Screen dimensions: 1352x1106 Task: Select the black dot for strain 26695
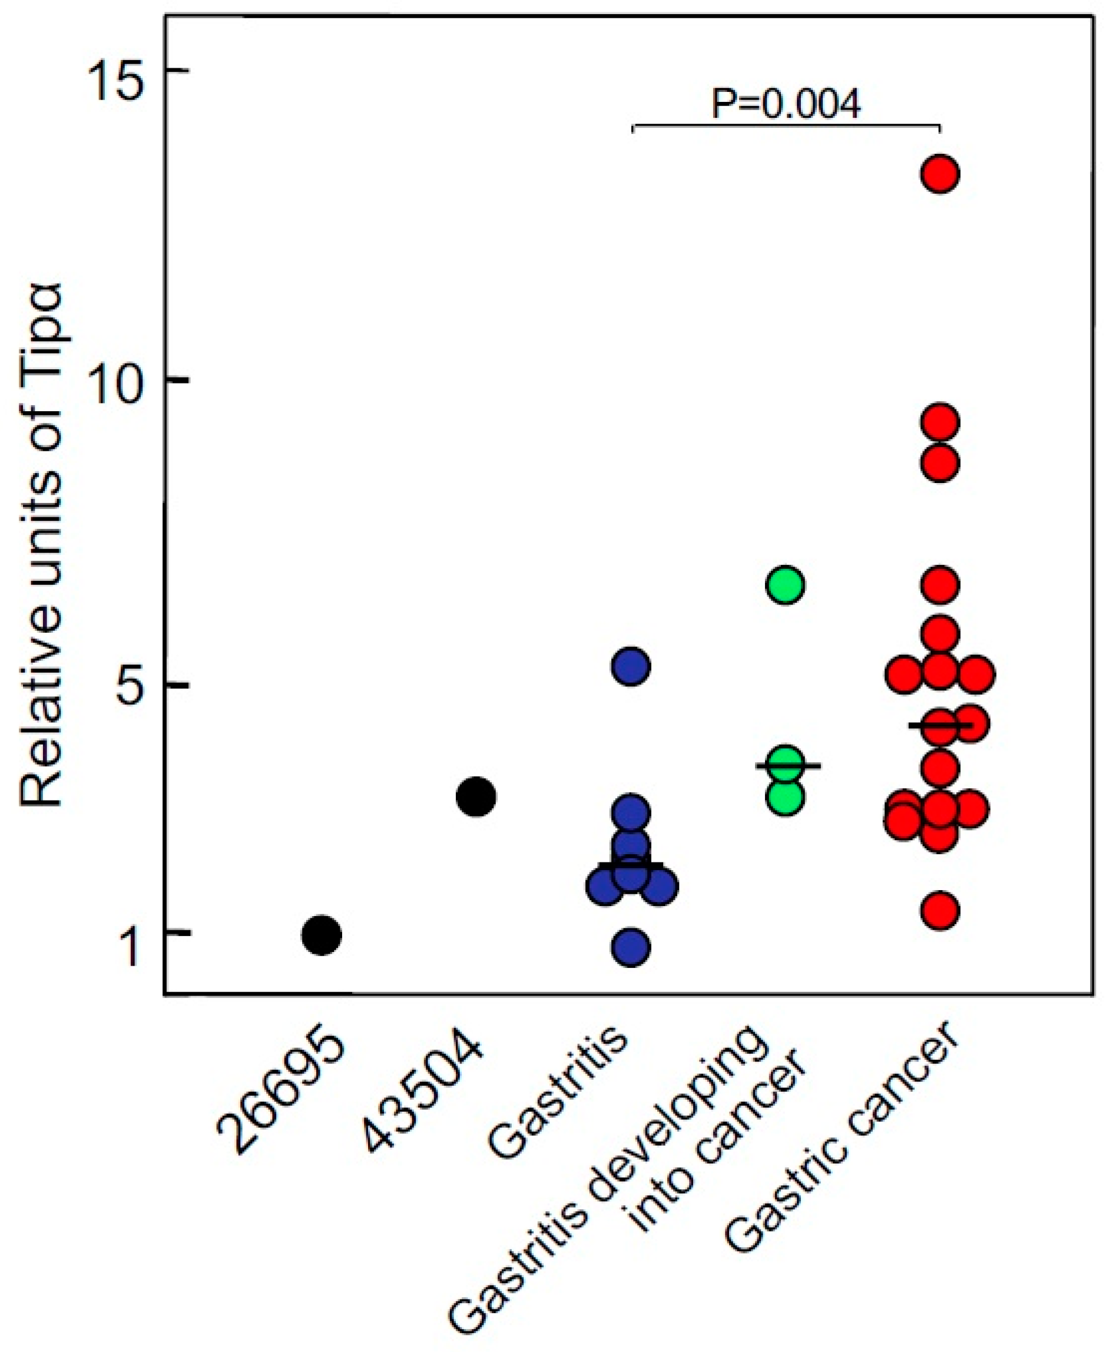(x=322, y=936)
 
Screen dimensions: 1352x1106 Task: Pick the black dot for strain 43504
(x=476, y=796)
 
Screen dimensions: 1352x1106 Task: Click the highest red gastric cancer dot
(x=941, y=174)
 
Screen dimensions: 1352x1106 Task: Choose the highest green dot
(x=786, y=585)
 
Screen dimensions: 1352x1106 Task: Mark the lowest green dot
(x=786, y=798)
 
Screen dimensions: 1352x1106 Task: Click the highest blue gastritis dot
(x=631, y=666)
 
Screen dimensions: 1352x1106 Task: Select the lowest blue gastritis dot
(x=631, y=947)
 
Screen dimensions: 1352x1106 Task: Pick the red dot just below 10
(x=941, y=422)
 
